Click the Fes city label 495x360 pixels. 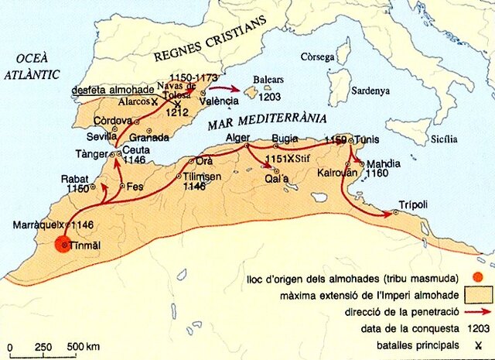135,186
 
